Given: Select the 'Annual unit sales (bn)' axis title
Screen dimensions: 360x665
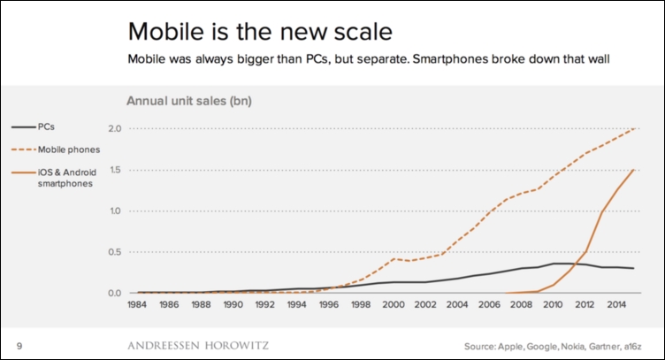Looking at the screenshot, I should (189, 101).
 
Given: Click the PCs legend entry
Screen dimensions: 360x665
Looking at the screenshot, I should (46, 128).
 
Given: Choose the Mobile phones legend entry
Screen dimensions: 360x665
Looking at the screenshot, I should (67, 149).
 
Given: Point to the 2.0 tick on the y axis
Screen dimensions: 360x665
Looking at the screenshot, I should (115, 129).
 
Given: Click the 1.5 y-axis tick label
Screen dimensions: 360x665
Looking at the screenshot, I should (115, 170).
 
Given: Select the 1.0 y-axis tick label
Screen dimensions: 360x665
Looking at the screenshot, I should (115, 211).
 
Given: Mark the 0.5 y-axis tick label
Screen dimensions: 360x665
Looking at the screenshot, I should (115, 252).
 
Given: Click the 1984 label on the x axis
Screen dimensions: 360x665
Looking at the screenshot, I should (137, 304).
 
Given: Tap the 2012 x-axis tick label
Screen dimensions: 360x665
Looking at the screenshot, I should (585, 304).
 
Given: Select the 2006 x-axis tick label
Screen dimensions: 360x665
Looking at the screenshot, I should (489, 304).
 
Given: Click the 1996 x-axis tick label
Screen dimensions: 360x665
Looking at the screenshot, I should (329, 304).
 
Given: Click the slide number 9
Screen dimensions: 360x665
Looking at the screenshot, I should (19, 345).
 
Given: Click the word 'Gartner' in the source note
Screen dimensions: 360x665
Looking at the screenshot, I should (598, 345).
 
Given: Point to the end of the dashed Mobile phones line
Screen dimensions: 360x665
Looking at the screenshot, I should (632, 128).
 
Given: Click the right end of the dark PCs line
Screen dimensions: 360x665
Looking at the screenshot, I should (632, 268).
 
